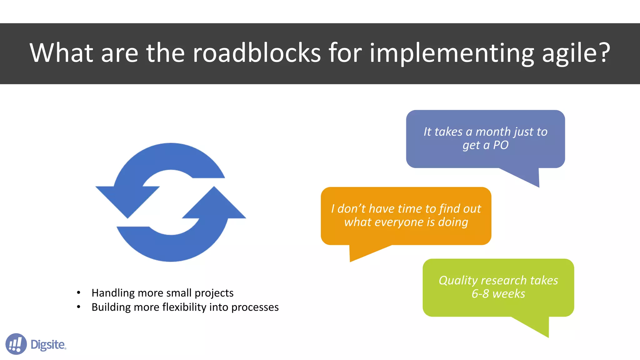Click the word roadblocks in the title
pyautogui.click(x=257, y=53)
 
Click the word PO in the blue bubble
pyautogui.click(x=501, y=145)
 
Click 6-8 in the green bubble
pyautogui.click(x=480, y=294)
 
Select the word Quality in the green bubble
pyautogui.click(x=458, y=281)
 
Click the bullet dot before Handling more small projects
pyautogui.click(x=79, y=293)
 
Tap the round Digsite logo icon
pyautogui.click(x=16, y=344)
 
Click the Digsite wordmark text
pyautogui.click(x=48, y=345)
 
